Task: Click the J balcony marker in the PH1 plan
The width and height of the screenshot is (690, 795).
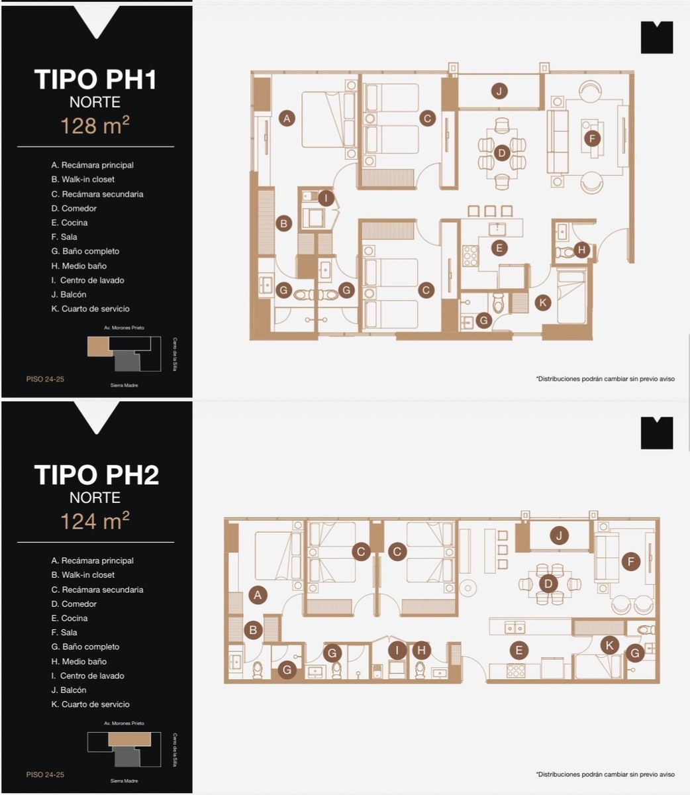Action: pyautogui.click(x=499, y=91)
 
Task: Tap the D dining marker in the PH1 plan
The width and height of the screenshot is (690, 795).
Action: pyautogui.click(x=501, y=152)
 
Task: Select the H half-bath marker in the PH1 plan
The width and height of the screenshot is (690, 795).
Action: pyautogui.click(x=581, y=250)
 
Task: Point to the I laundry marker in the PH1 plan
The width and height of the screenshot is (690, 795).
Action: pyautogui.click(x=326, y=198)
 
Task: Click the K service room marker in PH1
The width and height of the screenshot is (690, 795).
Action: pyautogui.click(x=542, y=302)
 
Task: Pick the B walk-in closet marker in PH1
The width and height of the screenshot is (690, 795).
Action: pyautogui.click(x=283, y=223)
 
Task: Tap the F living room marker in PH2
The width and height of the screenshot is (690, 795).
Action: pyautogui.click(x=630, y=561)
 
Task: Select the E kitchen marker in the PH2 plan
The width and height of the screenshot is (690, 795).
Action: pyautogui.click(x=518, y=650)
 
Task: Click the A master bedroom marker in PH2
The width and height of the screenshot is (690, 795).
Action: pyautogui.click(x=258, y=595)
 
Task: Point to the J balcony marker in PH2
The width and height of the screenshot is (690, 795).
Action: pyautogui.click(x=559, y=535)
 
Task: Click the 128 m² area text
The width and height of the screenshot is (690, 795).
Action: pyautogui.click(x=95, y=125)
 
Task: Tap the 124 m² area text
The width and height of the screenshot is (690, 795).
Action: pyautogui.click(x=95, y=521)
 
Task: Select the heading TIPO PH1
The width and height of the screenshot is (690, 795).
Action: pyautogui.click(x=95, y=79)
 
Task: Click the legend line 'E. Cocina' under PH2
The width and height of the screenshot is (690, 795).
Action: pyautogui.click(x=69, y=618)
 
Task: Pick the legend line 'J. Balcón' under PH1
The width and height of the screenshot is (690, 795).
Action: pyautogui.click(x=68, y=295)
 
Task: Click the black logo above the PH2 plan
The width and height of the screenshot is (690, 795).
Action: pyautogui.click(x=657, y=433)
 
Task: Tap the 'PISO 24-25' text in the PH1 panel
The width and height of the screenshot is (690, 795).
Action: pyautogui.click(x=45, y=379)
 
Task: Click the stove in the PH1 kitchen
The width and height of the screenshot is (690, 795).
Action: pyautogui.click(x=470, y=256)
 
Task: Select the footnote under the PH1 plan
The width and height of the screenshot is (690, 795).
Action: pyautogui.click(x=605, y=378)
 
